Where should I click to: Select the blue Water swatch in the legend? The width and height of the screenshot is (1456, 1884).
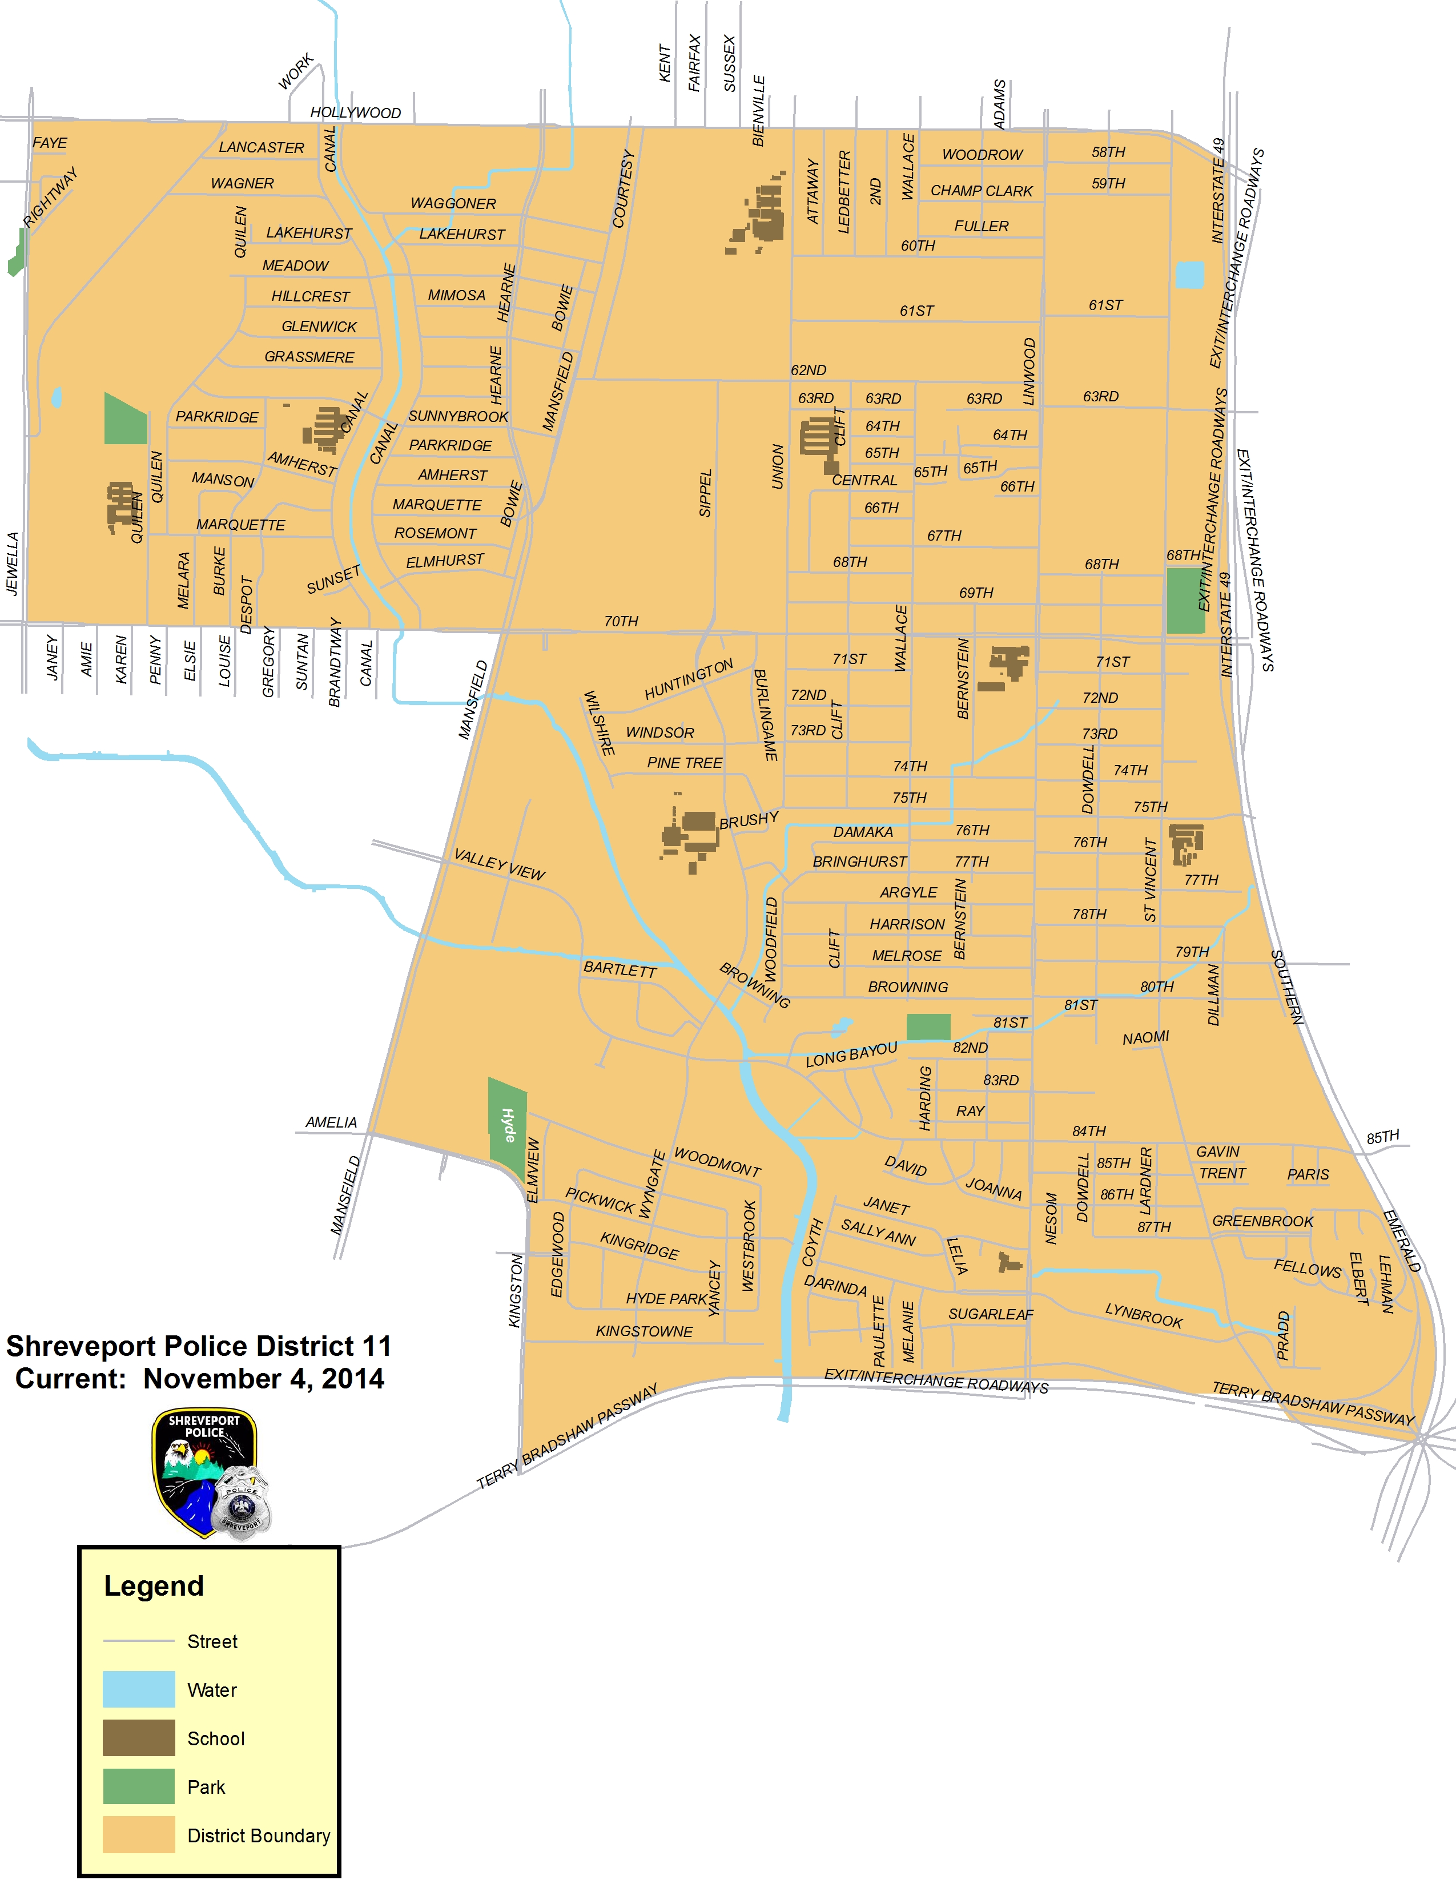click(x=139, y=1689)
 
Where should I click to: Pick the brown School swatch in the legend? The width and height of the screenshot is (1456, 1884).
click(x=139, y=1737)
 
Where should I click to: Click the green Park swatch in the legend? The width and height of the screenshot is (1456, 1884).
click(x=139, y=1786)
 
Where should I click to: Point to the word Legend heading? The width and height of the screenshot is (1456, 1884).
click(x=154, y=1585)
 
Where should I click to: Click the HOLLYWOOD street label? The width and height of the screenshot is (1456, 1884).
click(x=355, y=113)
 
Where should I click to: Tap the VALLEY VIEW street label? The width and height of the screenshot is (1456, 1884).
click(x=500, y=865)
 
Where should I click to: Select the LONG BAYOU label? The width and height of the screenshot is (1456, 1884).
click(x=851, y=1054)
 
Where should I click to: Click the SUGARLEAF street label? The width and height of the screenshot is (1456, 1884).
click(x=990, y=1314)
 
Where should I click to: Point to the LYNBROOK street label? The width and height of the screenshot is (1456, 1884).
click(x=1144, y=1315)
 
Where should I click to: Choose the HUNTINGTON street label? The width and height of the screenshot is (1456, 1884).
click(x=689, y=679)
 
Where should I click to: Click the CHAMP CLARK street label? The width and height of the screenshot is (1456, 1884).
click(x=981, y=191)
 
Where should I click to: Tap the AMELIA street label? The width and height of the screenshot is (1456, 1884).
click(x=331, y=1122)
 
